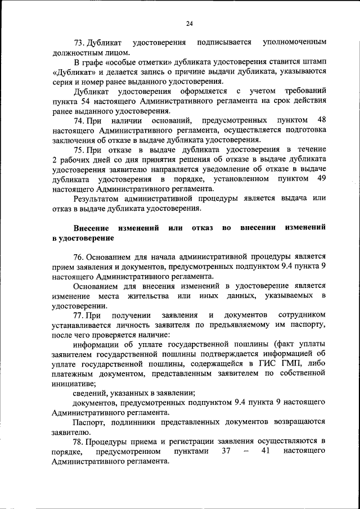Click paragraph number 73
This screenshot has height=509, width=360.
pyautogui.click(x=79, y=43)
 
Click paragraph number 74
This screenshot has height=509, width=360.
pyautogui.click(x=79, y=120)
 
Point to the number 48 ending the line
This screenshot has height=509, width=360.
pyautogui.click(x=321, y=120)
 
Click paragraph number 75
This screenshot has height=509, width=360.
pyautogui.click(x=79, y=149)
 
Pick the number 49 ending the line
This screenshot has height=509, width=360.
pyautogui.click(x=321, y=179)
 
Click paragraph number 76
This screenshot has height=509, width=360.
pyautogui.click(x=79, y=257)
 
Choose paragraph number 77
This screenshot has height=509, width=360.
pyautogui.click(x=79, y=315)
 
